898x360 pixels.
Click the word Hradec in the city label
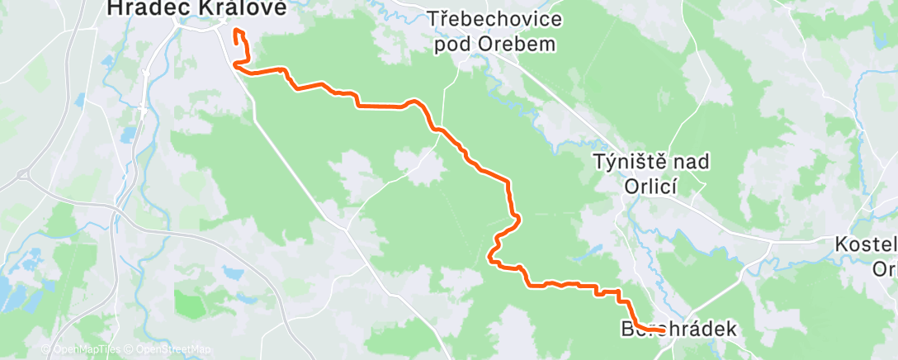pos(143,8)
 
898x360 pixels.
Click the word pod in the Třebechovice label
pos(454,43)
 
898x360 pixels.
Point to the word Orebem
pos(513,43)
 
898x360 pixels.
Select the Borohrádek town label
pos(678,329)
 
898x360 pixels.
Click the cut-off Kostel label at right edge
pos(866,245)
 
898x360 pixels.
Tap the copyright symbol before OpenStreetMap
pos(130,348)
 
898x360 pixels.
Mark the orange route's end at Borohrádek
pos(663,330)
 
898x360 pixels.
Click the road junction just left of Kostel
pos(771,244)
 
